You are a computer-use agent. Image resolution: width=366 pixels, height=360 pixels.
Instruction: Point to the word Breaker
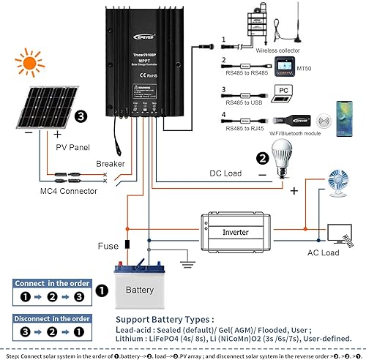tap(110, 164)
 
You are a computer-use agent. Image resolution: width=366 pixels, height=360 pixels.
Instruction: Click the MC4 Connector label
tap(68, 191)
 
